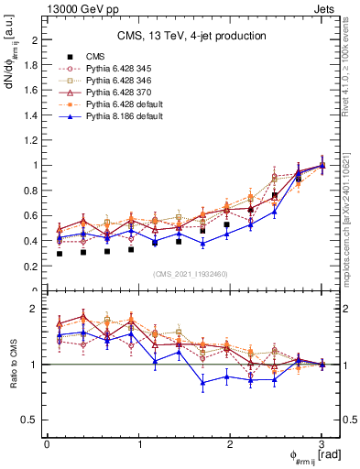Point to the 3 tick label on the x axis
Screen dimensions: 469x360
tap(322, 443)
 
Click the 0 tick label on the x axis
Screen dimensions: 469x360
tap(47, 443)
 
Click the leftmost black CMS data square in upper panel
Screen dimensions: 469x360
tap(60, 253)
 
